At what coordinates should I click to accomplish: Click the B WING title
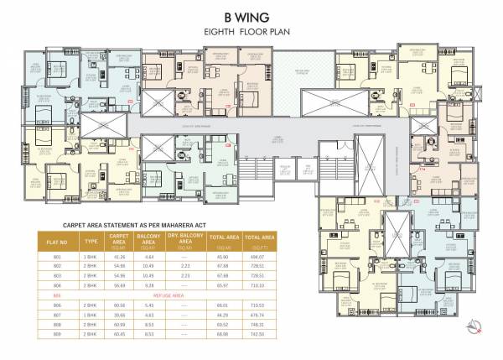[x=251, y=16]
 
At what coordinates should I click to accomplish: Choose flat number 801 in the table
[x=58, y=256]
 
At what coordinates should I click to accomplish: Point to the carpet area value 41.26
[x=119, y=256]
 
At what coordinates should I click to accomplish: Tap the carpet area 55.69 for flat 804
[x=119, y=285]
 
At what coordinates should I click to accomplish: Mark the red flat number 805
[x=58, y=296]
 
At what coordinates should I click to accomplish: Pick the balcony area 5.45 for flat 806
[x=151, y=306]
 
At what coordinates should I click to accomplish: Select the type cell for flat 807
[x=91, y=316]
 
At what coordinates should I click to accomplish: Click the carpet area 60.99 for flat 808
[x=119, y=325]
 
